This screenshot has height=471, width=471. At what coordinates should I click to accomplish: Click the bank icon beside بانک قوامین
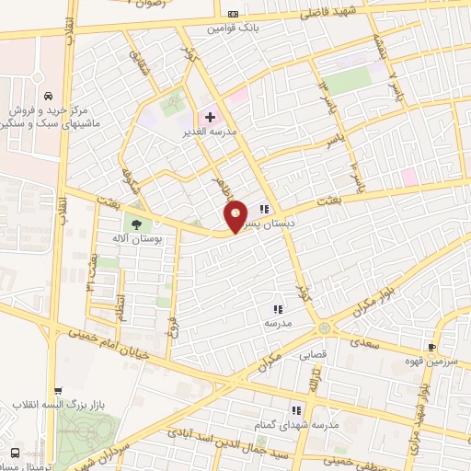click(234, 14)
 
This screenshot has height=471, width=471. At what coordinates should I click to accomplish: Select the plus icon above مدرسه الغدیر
click(210, 117)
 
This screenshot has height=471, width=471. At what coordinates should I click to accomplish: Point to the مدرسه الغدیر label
click(211, 132)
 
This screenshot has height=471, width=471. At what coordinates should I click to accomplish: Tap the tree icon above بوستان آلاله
click(136, 224)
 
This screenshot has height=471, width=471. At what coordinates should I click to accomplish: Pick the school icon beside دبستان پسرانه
click(265, 208)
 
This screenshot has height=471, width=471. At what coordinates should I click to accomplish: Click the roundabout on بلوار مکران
click(323, 328)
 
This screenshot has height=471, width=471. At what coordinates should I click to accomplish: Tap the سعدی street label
click(362, 340)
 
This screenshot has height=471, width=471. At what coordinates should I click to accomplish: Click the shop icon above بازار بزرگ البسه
click(58, 391)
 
